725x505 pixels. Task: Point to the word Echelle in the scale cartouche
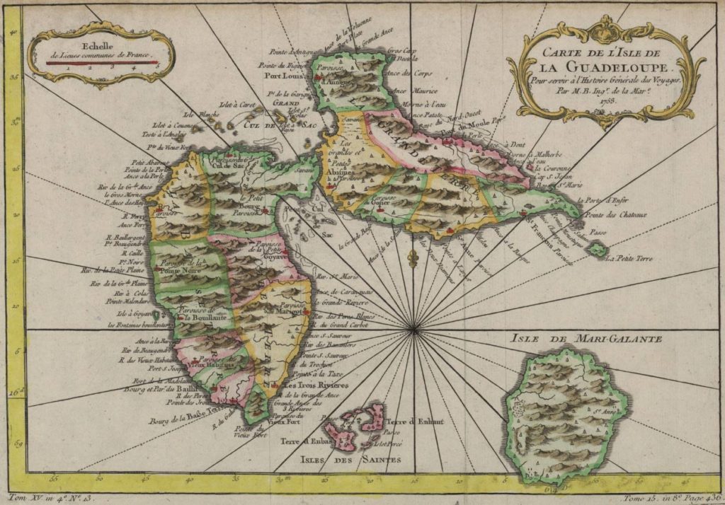(x=96, y=30)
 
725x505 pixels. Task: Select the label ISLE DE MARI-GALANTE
(x=586, y=339)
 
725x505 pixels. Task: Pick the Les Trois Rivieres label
(x=316, y=385)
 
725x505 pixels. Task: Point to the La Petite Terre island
(x=599, y=248)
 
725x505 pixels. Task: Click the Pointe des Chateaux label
(x=614, y=215)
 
